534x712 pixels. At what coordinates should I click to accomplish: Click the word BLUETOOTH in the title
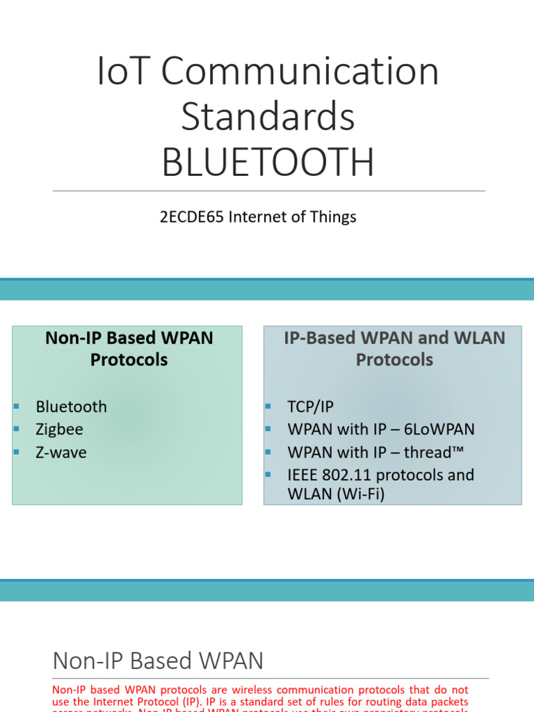click(268, 162)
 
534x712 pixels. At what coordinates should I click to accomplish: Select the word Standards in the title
click(268, 117)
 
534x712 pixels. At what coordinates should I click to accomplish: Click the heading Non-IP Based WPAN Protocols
click(129, 348)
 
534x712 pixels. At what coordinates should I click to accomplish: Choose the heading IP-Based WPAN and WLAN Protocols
click(394, 348)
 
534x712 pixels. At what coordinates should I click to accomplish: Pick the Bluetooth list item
click(71, 407)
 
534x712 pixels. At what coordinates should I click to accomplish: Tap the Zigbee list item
click(59, 430)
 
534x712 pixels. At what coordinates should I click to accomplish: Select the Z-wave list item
click(61, 453)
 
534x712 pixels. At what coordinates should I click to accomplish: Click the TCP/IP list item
click(310, 407)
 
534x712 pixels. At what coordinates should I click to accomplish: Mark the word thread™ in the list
click(432, 453)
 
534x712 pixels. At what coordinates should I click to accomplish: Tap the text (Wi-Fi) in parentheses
click(361, 494)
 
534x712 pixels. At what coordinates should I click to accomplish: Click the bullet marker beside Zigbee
click(15, 429)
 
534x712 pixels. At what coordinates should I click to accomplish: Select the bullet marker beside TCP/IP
click(268, 406)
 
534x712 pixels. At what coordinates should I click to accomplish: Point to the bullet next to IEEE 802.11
click(268, 475)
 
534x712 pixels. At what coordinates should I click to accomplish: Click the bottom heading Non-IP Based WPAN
click(158, 660)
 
